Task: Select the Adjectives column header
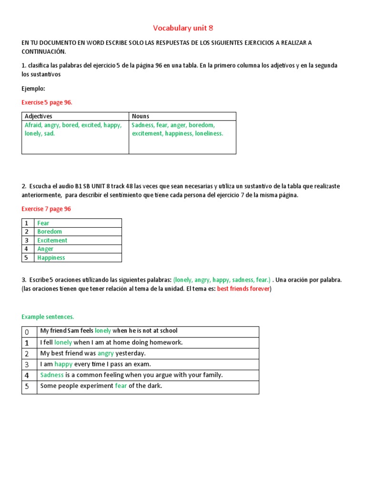point(38,116)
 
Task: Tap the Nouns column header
point(140,116)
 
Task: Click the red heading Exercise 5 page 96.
point(47,102)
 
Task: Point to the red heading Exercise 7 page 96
point(46,209)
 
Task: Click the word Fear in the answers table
point(43,223)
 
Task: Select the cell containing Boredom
point(50,232)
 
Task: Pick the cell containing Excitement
point(52,240)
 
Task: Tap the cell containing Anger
point(45,249)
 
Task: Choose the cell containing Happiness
point(51,258)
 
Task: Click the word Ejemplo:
point(33,89)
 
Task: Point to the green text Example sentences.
point(48,317)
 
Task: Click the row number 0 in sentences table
point(27,331)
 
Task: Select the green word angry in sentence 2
point(106,353)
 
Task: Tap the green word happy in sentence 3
point(63,364)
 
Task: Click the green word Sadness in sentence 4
point(52,375)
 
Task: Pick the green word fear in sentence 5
point(121,386)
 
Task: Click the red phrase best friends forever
point(243,289)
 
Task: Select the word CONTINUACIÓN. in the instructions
point(44,51)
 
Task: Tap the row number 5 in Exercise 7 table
point(27,258)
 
